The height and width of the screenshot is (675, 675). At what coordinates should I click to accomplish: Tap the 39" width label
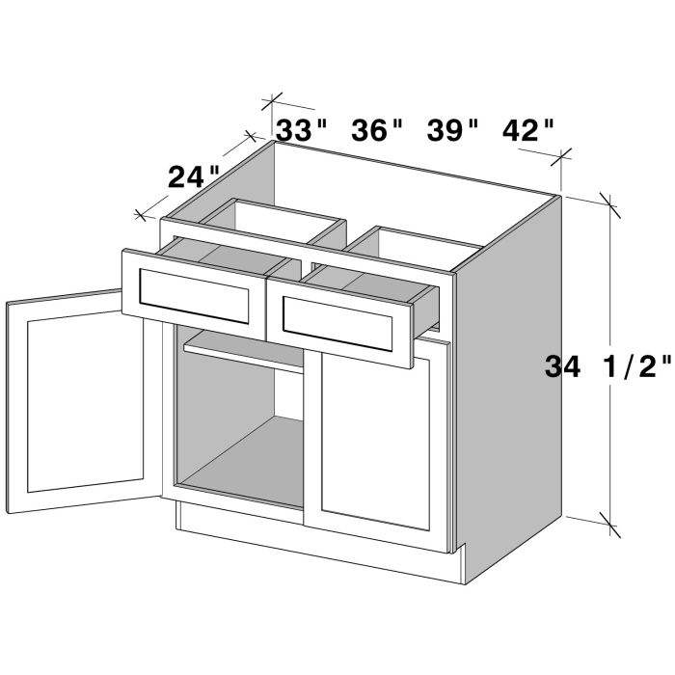click(452, 129)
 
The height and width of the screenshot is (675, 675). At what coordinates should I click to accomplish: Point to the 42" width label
click(528, 129)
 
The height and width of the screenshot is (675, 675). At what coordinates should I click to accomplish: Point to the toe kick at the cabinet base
click(318, 554)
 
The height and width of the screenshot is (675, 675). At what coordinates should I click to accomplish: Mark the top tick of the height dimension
click(608, 200)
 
